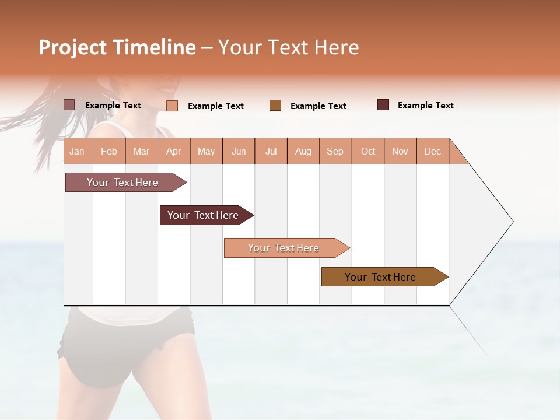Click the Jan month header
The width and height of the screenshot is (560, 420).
tap(77, 152)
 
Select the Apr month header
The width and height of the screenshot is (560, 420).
tap(173, 152)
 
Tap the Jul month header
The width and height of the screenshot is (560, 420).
tap(271, 152)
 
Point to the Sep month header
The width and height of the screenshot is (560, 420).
tap(335, 152)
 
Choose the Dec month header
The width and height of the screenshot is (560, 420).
tap(432, 152)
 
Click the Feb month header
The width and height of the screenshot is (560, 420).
tap(109, 152)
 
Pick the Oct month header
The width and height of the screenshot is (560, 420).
tap(368, 152)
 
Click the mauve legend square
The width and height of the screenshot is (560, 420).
tap(69, 105)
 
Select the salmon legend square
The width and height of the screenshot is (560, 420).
tap(172, 106)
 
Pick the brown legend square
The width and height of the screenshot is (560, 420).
tap(275, 105)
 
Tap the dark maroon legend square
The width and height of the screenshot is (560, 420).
tap(383, 105)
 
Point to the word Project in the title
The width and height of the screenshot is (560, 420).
tap(72, 47)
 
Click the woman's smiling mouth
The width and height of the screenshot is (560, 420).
tap(167, 90)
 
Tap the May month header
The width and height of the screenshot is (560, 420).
tap(206, 152)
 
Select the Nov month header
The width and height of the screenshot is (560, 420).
tap(400, 152)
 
